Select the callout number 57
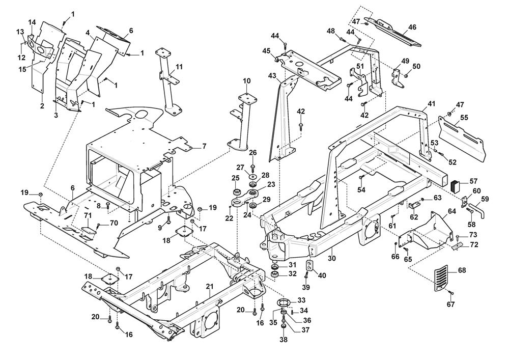point(473,181)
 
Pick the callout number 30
point(332,258)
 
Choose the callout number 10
point(247,81)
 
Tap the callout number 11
point(179,67)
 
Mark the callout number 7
point(204,146)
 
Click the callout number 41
point(432,103)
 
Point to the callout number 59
point(485,199)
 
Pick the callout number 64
point(451,210)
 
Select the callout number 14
point(32,22)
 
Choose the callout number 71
point(87,216)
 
